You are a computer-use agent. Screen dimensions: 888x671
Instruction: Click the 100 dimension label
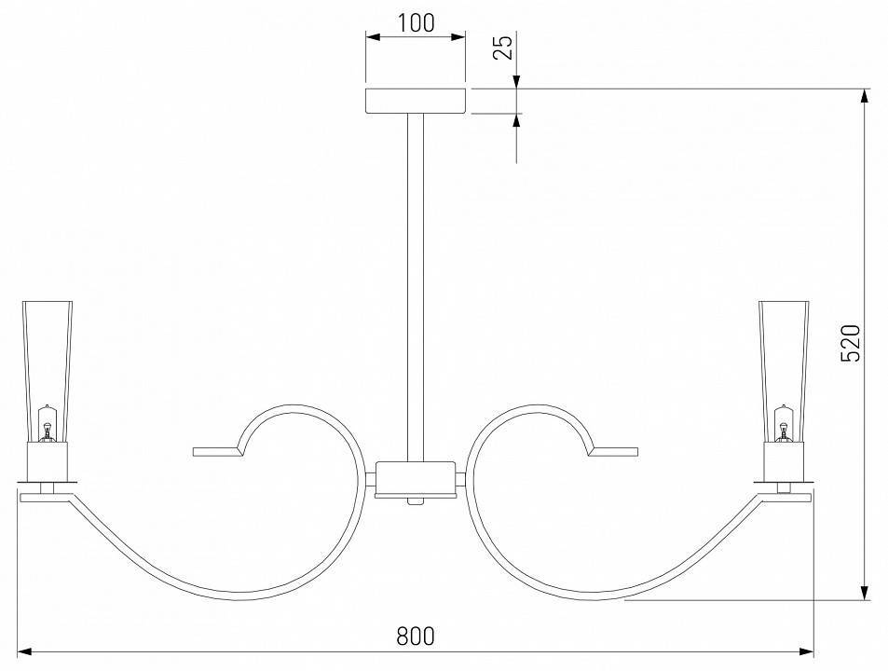[x=416, y=23]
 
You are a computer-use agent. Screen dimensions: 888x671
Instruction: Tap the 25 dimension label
[x=503, y=47]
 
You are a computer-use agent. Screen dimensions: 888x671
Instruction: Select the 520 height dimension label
[x=851, y=343]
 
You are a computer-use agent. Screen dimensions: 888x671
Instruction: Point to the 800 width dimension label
[x=416, y=636]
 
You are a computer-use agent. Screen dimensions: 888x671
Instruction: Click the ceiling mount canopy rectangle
[x=416, y=102]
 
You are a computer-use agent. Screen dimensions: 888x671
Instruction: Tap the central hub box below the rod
[x=416, y=478]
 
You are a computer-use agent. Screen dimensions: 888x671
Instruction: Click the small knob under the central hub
[x=416, y=501]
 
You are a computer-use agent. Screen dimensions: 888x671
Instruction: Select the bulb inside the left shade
[x=48, y=423]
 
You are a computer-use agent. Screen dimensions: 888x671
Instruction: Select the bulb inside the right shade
[x=784, y=423]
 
